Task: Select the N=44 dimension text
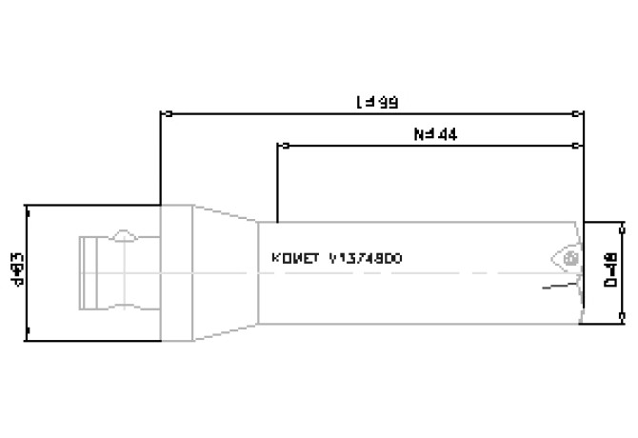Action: pos(437,134)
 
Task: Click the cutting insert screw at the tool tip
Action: pos(569,257)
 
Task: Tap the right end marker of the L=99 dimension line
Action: pos(582,113)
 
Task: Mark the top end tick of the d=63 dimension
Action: pos(28,205)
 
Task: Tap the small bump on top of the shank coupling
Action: pos(124,234)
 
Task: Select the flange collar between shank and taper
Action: pos(177,271)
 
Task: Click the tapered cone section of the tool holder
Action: pos(227,271)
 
